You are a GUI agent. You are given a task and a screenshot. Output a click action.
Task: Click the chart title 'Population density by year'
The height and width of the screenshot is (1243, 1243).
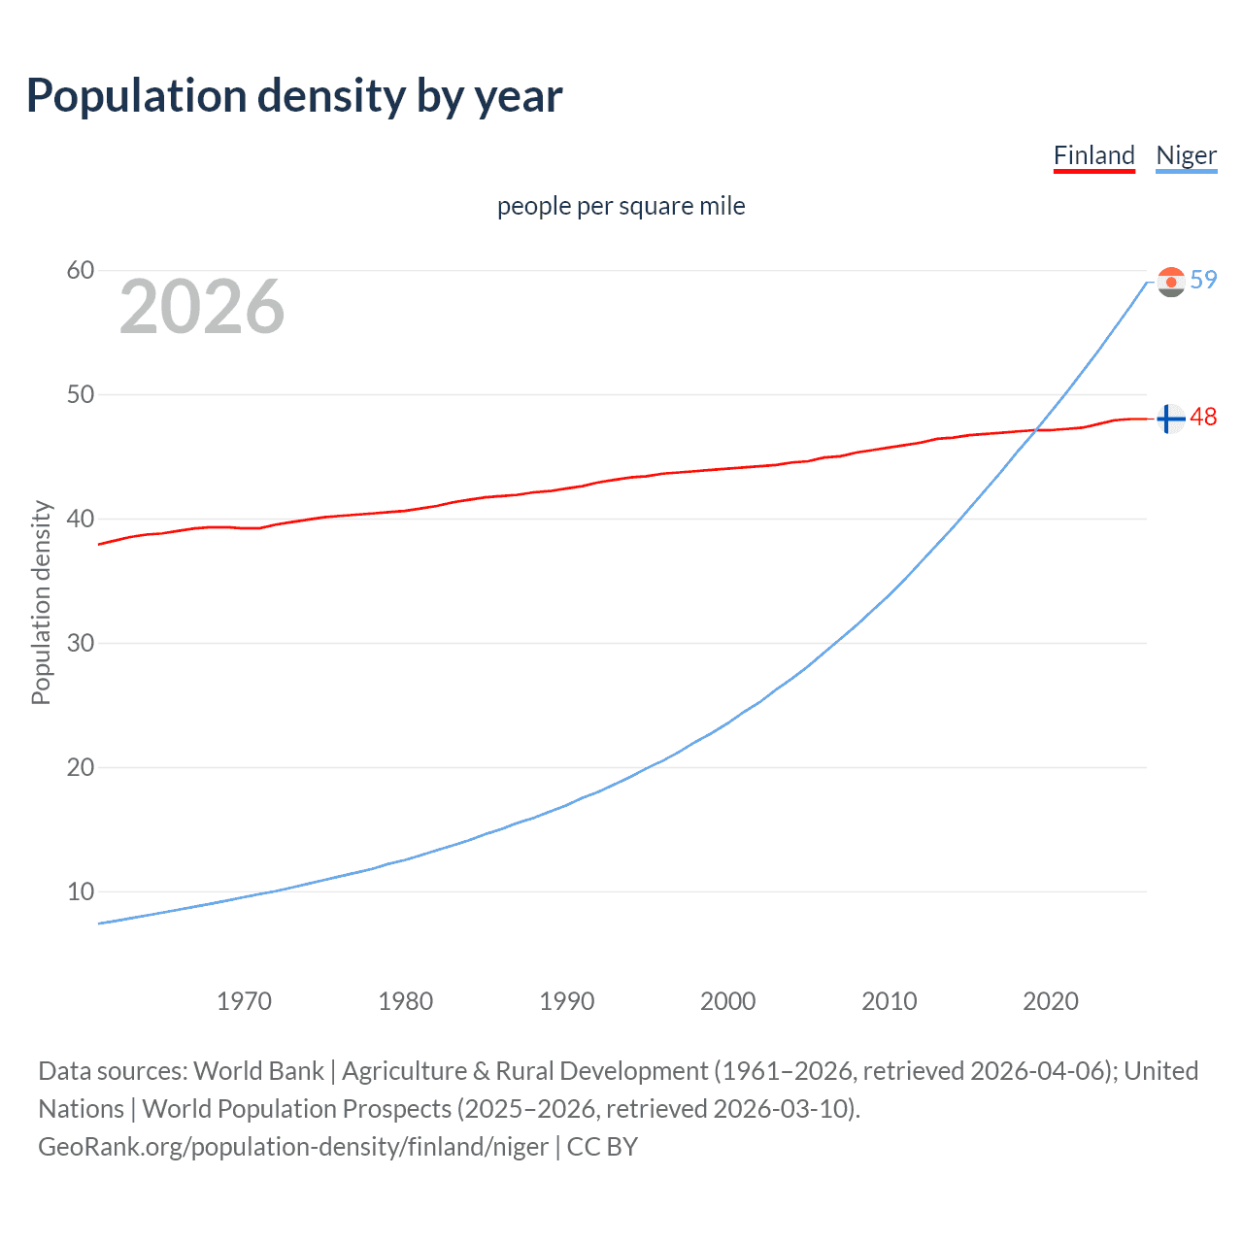294,96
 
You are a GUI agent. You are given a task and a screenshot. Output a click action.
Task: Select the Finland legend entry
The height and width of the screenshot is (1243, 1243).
1093,155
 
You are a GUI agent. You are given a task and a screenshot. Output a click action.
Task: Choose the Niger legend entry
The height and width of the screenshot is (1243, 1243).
1186,155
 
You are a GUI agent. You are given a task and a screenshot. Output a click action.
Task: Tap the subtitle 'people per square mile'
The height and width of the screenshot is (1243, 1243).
621,206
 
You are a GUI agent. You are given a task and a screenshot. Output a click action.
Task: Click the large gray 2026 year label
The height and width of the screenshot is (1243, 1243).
202,307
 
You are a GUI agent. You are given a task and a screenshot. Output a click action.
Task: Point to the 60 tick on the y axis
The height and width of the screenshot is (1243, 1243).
81,270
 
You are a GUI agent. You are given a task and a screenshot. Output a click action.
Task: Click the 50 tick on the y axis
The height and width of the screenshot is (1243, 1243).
81,394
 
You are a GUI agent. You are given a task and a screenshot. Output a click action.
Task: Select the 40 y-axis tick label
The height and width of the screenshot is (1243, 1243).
81,519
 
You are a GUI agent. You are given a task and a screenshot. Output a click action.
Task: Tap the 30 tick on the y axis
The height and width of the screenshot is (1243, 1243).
81,643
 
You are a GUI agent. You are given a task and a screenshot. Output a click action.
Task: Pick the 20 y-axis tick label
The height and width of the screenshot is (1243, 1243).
81,767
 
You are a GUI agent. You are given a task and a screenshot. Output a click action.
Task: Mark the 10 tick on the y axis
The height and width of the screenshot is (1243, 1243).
81,891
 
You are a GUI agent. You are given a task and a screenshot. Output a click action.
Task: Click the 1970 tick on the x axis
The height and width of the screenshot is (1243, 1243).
244,1001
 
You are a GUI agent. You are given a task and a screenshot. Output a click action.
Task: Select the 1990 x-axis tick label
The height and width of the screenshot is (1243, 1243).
566,1001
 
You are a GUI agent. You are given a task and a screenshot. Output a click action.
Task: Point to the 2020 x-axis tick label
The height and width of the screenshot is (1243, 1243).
1050,1001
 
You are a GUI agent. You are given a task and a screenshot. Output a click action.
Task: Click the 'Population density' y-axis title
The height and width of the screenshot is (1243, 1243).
41,602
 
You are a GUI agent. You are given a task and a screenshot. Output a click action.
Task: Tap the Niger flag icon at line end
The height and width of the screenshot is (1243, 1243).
1171,282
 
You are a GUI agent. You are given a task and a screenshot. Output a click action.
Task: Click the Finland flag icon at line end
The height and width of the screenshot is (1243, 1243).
1171,419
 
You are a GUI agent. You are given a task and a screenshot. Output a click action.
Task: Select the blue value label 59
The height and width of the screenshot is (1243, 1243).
1203,280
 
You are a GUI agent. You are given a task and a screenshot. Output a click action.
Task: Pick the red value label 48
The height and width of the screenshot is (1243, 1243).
1203,417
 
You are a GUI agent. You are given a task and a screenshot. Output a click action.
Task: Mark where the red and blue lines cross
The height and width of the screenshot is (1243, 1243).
1036,430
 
